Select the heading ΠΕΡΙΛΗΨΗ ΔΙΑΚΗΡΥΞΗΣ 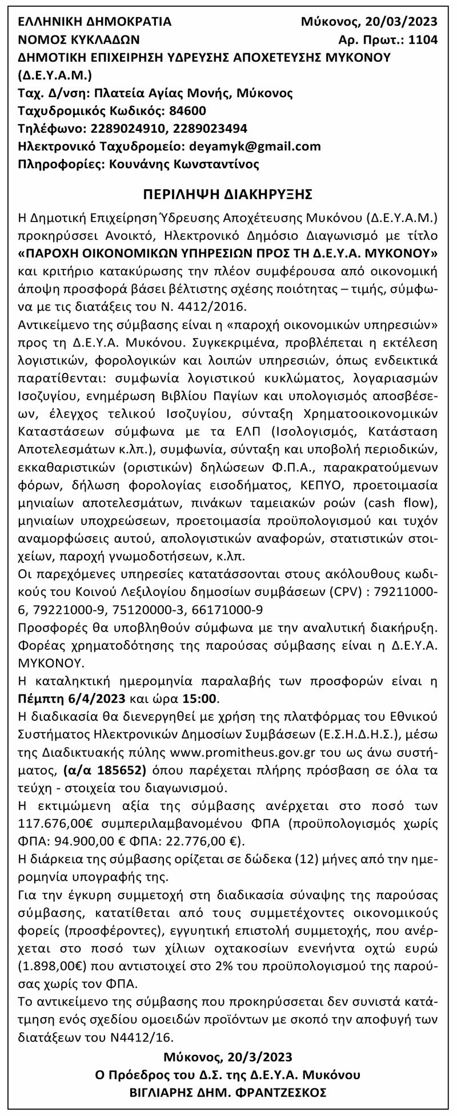(228, 194)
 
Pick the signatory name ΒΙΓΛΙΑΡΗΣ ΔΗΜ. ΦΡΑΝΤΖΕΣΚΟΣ (228, 1092)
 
